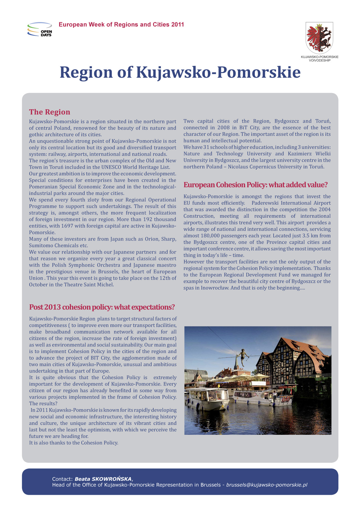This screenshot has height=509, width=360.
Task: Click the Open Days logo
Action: point(40,29)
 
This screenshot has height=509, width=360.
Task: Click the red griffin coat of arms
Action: point(319,37)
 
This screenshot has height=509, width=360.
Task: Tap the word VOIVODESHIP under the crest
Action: point(319,61)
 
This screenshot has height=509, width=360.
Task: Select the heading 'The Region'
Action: point(50,112)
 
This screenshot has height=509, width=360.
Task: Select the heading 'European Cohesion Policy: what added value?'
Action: point(255,185)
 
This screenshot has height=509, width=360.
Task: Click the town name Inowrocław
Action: point(215,288)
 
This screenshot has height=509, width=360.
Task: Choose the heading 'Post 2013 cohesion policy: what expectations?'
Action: point(102,307)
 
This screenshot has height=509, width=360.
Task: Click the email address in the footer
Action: point(267,485)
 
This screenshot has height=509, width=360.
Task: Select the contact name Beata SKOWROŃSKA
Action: point(103,479)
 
